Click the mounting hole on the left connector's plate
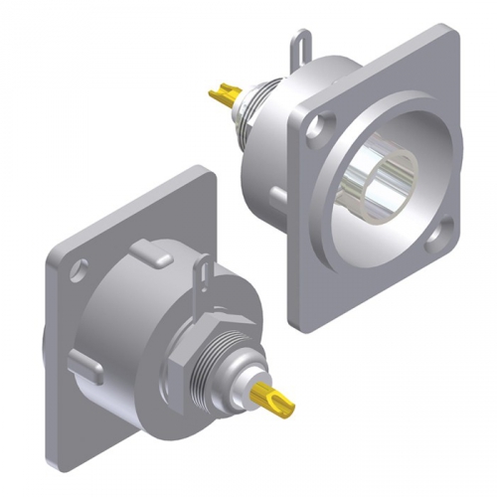80,267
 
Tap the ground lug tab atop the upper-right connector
297,49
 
